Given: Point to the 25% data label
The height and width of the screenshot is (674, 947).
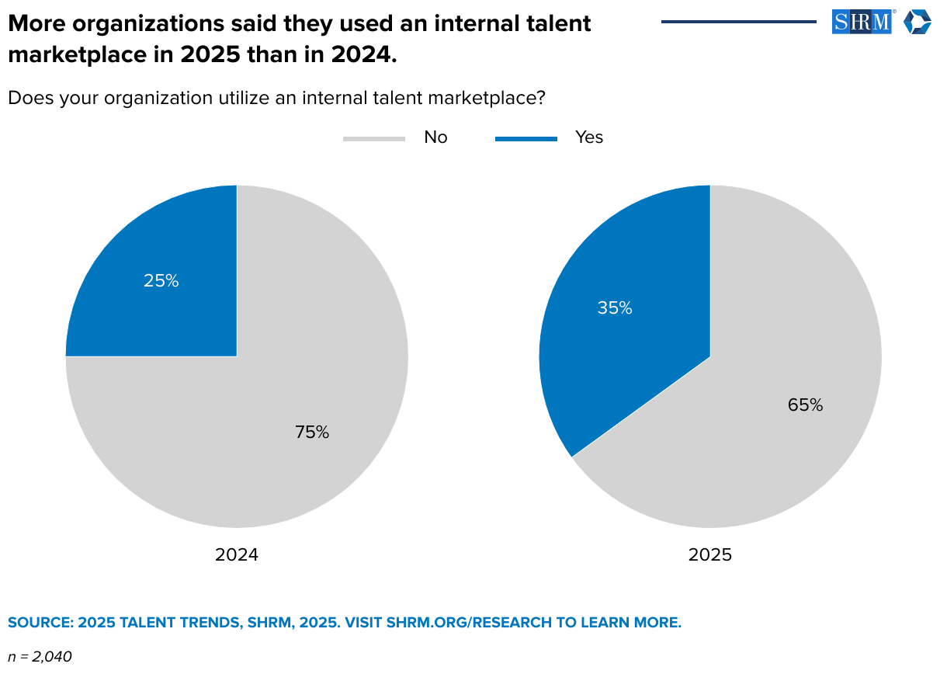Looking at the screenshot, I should point(161,281).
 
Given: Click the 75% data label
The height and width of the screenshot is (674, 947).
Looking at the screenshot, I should point(312,433).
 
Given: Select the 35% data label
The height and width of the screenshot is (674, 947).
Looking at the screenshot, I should point(615,308).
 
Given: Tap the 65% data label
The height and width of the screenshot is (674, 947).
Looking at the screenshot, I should point(805,405).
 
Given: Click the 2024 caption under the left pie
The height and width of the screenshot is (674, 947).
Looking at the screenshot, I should point(237,555).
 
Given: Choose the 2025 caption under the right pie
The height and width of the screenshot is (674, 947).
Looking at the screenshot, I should point(710,555).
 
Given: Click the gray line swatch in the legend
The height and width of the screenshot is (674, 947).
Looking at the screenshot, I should point(374,139).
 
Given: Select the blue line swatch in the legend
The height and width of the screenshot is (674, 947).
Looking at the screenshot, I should point(526,139).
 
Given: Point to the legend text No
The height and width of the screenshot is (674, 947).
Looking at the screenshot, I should point(435,137).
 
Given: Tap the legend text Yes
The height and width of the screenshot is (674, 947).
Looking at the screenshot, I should point(589,137).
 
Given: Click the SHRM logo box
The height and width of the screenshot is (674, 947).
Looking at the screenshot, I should point(862,22).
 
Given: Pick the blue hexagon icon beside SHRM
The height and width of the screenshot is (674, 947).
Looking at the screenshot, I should point(917,22).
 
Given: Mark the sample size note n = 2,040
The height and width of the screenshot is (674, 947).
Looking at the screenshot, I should point(40,657).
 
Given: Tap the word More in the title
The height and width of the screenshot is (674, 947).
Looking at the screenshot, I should point(33,24).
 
